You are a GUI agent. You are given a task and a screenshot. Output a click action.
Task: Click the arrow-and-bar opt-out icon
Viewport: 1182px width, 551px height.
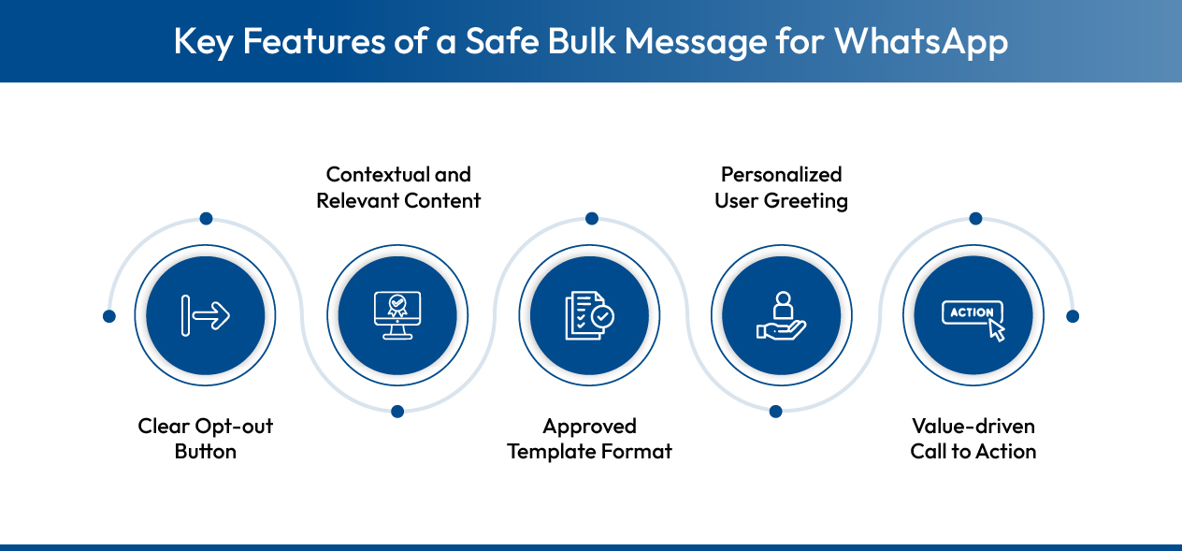tap(206, 316)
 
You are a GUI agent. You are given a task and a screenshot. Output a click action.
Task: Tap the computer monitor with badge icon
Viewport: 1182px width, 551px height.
tap(397, 316)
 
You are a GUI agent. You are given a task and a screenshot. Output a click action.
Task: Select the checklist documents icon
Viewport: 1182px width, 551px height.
tap(589, 316)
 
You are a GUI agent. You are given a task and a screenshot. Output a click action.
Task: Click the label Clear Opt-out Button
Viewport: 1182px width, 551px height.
tap(206, 439)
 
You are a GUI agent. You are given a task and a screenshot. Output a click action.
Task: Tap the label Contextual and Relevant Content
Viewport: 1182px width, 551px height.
tap(398, 187)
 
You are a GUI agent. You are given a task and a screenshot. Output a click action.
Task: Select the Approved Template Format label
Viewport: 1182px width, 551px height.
tap(589, 439)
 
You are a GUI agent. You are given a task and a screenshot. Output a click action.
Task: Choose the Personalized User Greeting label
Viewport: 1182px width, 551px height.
tap(781, 187)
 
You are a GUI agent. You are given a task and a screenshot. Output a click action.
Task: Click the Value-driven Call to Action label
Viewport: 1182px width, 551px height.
tap(973, 439)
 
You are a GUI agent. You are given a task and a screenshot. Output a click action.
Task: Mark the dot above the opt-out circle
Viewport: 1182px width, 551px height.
tap(206, 219)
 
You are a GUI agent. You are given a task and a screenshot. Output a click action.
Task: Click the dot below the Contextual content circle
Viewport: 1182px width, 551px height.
tap(397, 411)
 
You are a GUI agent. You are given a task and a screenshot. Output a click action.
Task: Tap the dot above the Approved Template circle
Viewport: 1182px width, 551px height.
tap(591, 219)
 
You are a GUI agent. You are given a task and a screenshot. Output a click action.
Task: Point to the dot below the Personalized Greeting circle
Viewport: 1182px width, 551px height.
tap(775, 411)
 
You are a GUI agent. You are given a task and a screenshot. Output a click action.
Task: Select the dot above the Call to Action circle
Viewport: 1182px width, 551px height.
tap(975, 219)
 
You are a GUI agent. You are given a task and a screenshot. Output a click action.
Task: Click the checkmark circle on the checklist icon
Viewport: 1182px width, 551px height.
tap(603, 318)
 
